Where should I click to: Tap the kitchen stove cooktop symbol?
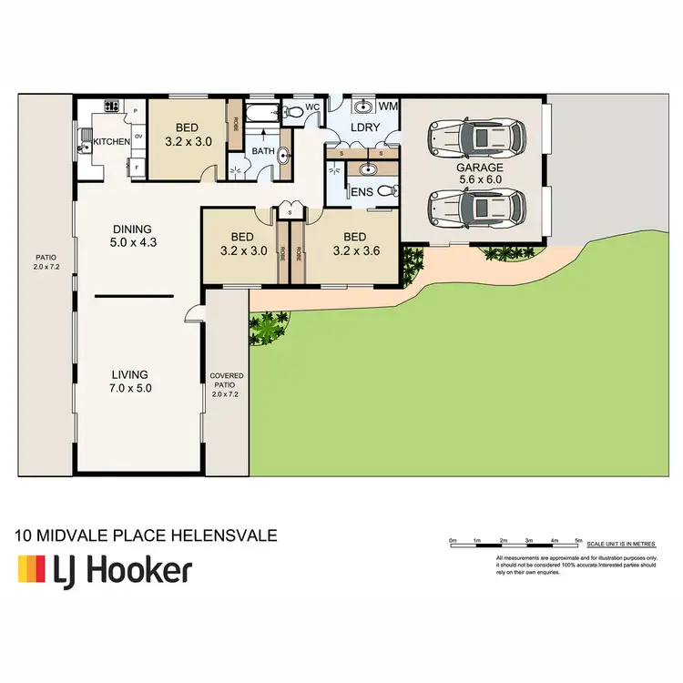113,107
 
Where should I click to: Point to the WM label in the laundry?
389,107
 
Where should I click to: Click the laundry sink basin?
364,105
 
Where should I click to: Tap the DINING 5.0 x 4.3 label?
132,237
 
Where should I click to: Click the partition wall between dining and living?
134,296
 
